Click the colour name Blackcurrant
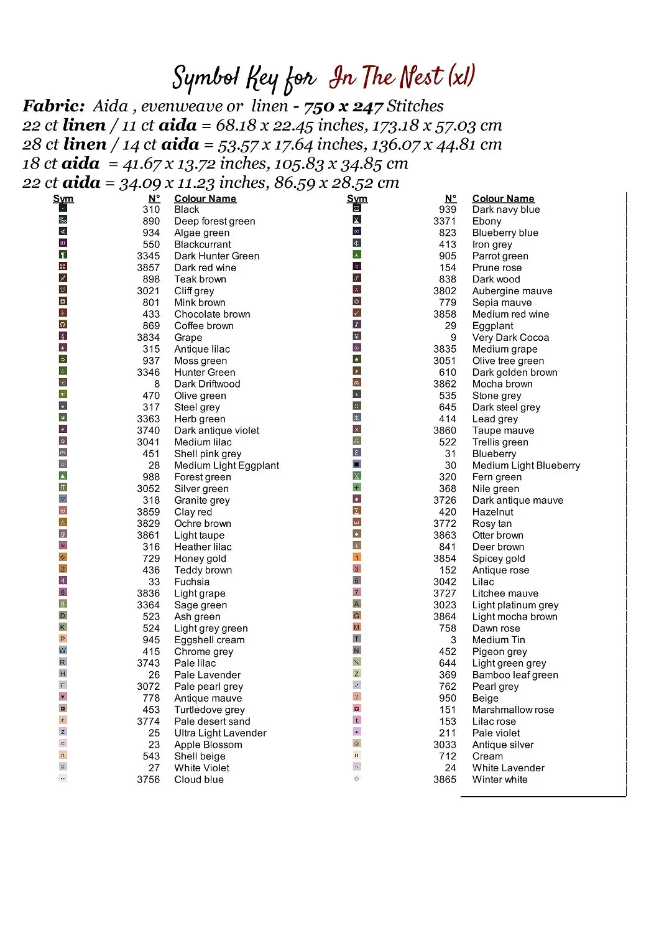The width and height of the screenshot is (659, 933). pos(203,244)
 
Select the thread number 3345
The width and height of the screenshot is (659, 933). pos(149,256)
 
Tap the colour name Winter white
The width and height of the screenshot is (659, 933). pos(500,779)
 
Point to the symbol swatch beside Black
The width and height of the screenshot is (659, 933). pos(63,208)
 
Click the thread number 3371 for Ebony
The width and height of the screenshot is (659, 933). pos(445,221)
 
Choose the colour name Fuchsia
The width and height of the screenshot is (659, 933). pos(191,582)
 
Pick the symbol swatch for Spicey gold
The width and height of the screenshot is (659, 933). pos(357,557)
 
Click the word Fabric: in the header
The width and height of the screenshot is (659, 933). pos(53,106)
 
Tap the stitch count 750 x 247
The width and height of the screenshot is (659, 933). pos(343,106)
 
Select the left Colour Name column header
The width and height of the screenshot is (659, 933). pos(205,198)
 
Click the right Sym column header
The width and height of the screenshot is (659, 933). pos(357,198)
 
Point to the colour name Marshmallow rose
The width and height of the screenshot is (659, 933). pos(513,710)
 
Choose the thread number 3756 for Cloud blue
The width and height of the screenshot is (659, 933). pos(149,779)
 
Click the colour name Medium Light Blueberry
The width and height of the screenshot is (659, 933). pos(526,465)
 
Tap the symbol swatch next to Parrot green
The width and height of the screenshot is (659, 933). pos(357,254)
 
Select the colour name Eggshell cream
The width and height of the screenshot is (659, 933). pos(210,640)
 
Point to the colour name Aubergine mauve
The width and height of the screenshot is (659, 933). pos(512,290)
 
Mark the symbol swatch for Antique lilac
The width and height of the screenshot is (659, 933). pos(63,348)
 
